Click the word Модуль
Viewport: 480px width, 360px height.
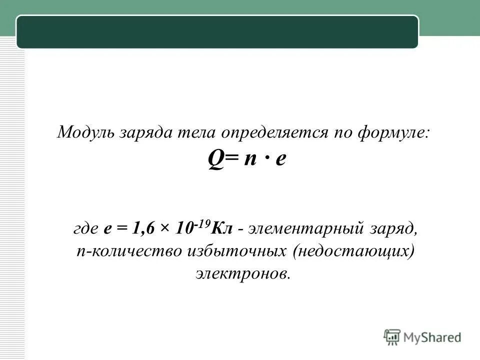click(x=86, y=133)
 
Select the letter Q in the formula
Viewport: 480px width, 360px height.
click(x=215, y=161)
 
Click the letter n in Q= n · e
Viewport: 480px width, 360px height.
click(x=248, y=161)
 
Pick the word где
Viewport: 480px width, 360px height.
click(x=86, y=229)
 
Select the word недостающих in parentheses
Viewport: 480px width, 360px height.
click(x=354, y=251)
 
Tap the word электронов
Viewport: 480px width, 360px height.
click(x=242, y=273)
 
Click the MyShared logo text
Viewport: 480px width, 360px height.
click(x=432, y=337)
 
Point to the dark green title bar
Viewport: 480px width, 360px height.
click(x=217, y=32)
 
